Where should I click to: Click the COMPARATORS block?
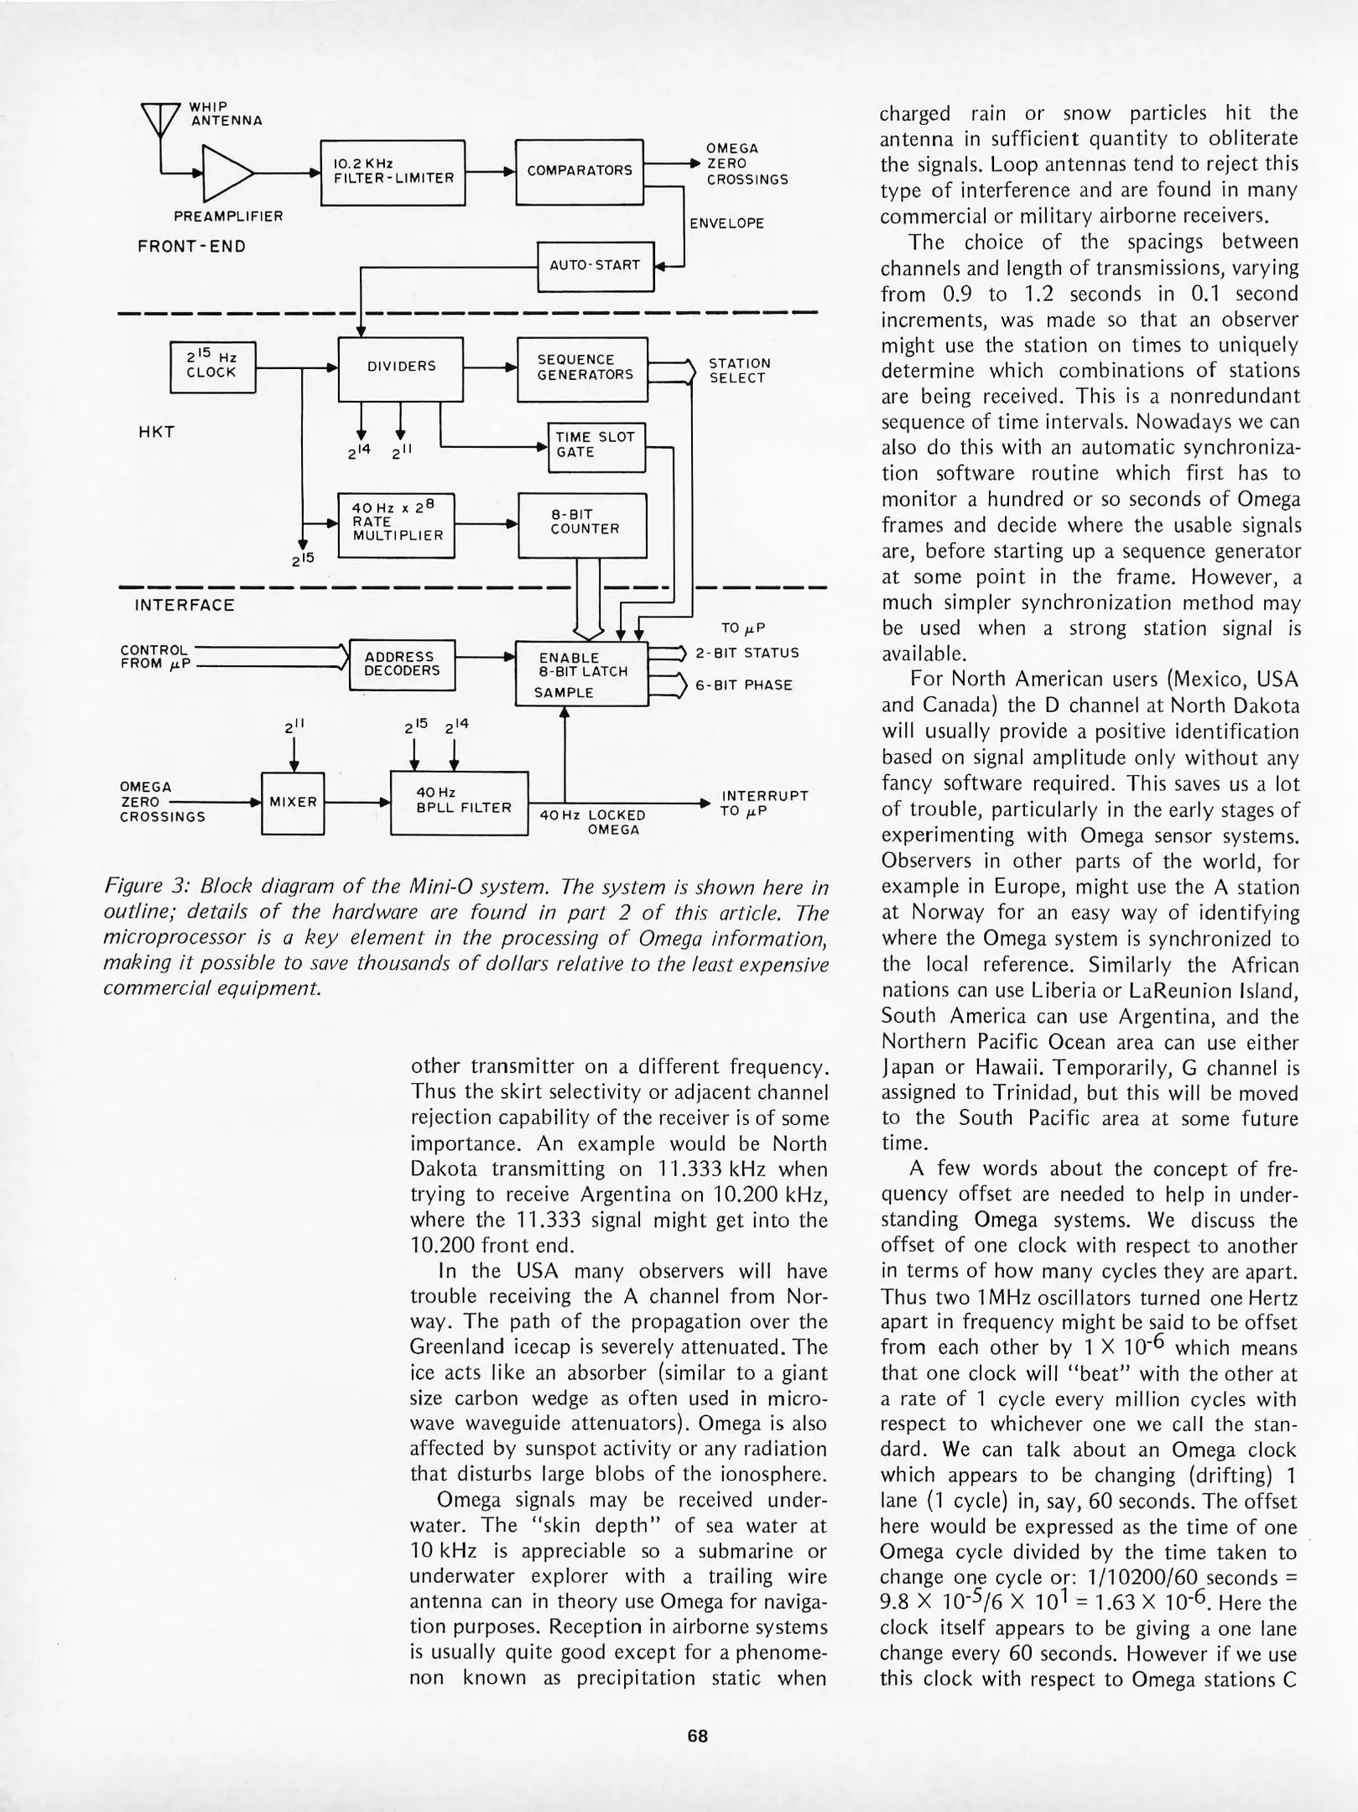579,171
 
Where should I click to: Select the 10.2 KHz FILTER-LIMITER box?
393,172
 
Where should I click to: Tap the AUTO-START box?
595,266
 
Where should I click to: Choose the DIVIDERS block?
401,367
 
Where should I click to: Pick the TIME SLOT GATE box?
596,445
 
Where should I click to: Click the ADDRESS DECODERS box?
401,664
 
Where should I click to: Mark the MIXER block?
293,802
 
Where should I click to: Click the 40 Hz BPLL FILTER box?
459,802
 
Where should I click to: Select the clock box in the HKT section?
212,367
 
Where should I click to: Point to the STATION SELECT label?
738,371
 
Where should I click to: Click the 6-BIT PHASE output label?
744,685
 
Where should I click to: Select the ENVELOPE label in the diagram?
726,224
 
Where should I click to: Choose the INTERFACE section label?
185,606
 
